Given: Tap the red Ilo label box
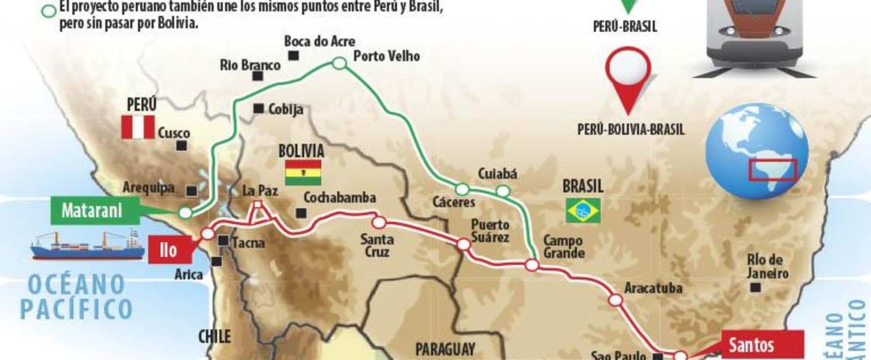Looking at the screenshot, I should pos(169,250).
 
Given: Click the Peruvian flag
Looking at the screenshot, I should pos(138,127).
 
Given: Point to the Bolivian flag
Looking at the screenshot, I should pos(303,173).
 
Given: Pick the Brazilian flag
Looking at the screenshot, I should pos(583,211).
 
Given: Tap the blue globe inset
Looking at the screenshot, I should pos(757,151).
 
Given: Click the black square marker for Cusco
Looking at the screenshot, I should pos(182,145).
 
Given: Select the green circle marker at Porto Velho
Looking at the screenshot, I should pos(339,64).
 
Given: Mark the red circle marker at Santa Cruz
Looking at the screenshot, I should pos(379,222).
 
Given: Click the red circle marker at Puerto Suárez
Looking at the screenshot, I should pos(463,245).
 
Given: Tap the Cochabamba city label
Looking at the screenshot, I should pos(340,197).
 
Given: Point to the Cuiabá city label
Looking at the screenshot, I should pos(497,174).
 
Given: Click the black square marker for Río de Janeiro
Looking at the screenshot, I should pos(755,288).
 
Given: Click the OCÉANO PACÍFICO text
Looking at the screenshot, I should pos(76,297).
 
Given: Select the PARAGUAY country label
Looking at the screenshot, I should pos(445,349).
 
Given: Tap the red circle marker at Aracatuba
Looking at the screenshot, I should pos(616,300).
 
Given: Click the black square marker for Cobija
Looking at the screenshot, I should pos(259,108).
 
